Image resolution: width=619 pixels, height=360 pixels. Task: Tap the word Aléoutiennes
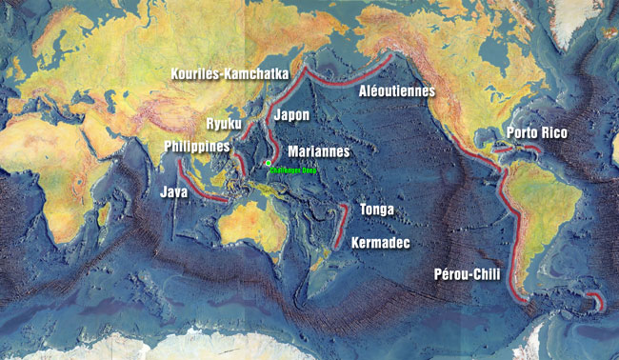coord(396,91)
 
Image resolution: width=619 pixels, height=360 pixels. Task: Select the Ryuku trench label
coord(225,124)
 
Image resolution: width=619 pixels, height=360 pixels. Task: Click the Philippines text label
coord(197,147)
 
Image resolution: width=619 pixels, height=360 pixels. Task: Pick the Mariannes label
coord(319,151)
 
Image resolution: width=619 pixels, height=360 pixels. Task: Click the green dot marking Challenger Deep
coord(270,164)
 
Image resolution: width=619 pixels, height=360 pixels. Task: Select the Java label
coord(172,191)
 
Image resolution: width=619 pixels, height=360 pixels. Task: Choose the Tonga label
coord(376,210)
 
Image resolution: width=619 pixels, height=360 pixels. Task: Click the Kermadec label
coord(381,244)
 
